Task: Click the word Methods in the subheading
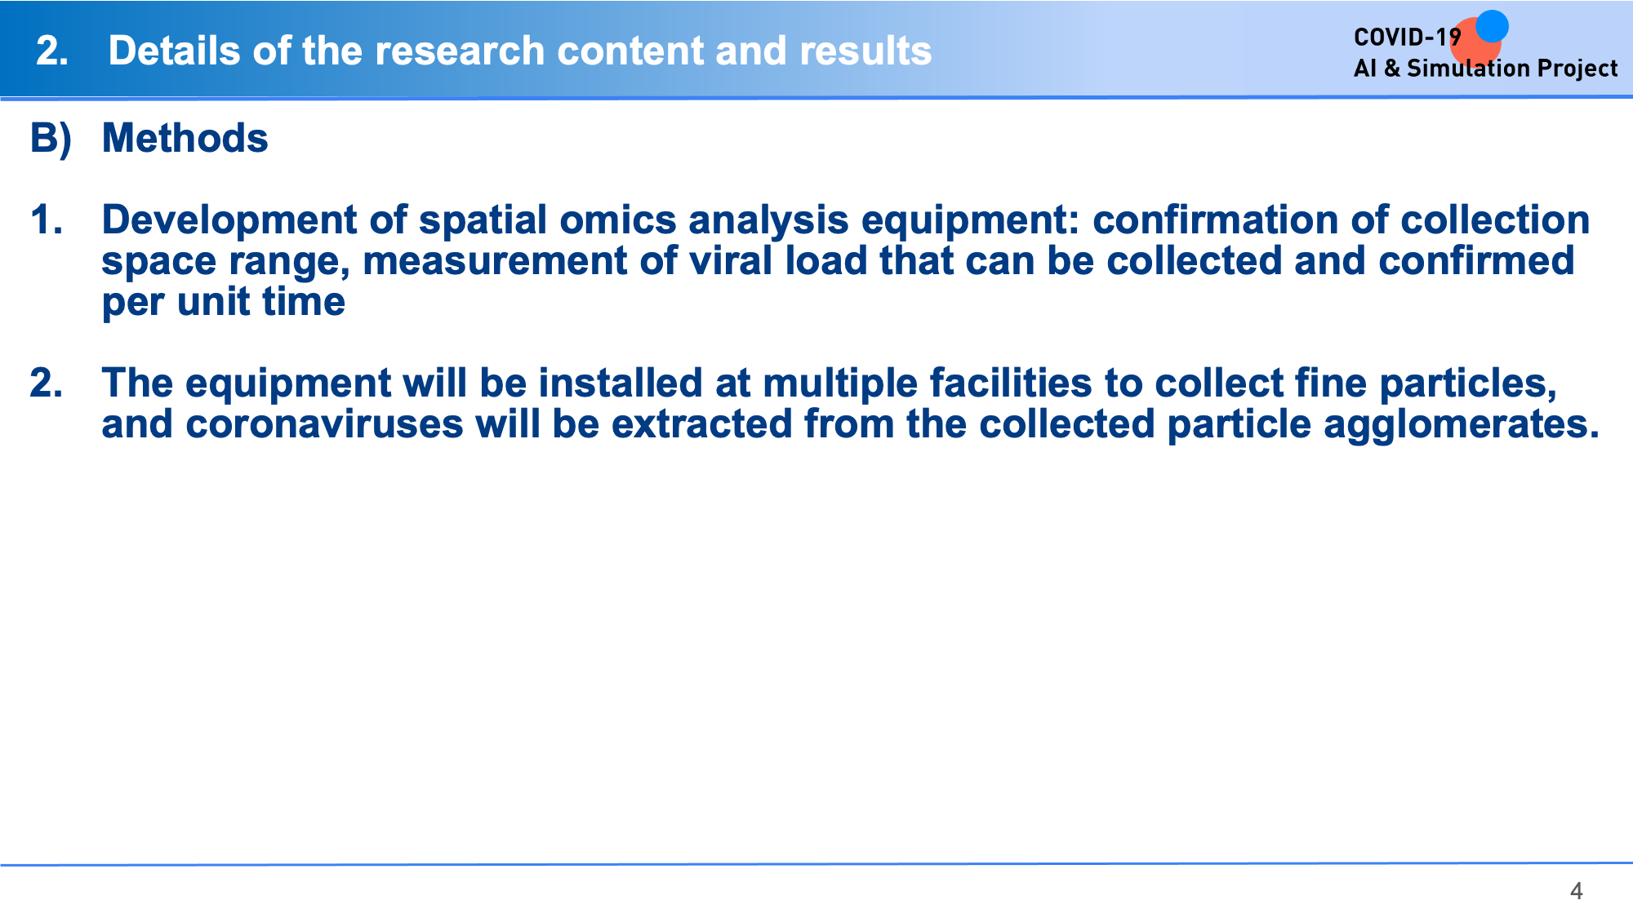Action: point(185,138)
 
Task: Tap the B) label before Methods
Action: point(51,139)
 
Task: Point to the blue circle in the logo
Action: point(1492,26)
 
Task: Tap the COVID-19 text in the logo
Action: point(1407,38)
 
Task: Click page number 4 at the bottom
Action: point(1576,891)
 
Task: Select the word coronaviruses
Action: point(324,424)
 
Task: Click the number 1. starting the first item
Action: point(47,220)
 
